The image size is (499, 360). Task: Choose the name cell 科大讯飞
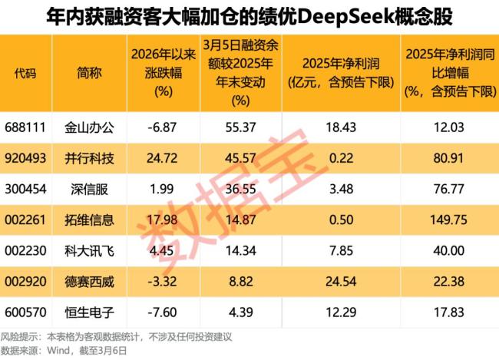tap(90, 250)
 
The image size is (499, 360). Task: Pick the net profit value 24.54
tap(339, 281)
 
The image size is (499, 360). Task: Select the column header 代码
tap(25, 73)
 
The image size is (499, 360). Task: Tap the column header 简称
tap(89, 73)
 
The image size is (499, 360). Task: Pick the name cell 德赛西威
tap(90, 281)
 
